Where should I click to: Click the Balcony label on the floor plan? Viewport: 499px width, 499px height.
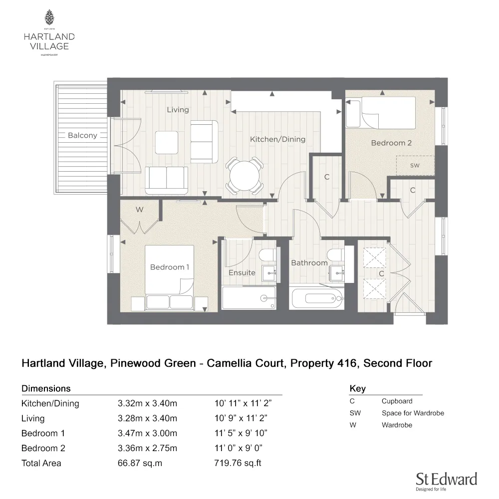click(x=82, y=135)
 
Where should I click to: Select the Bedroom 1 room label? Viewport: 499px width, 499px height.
click(x=170, y=267)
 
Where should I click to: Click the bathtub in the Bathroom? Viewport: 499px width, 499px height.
click(x=317, y=299)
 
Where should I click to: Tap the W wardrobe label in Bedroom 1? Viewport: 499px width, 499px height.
click(x=139, y=210)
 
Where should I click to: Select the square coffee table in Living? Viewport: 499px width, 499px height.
click(x=167, y=143)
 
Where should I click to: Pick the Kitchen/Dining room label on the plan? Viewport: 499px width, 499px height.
click(x=277, y=139)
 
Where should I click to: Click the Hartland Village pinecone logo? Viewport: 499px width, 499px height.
click(x=49, y=18)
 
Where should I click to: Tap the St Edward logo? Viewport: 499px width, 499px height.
click(x=447, y=481)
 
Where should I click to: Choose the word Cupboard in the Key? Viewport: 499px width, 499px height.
click(x=397, y=401)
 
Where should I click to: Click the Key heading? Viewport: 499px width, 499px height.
click(x=358, y=389)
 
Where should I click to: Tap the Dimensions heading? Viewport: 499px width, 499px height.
click(x=46, y=389)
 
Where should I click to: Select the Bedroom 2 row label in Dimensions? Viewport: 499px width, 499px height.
click(x=43, y=448)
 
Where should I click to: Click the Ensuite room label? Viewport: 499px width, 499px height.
click(x=242, y=272)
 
